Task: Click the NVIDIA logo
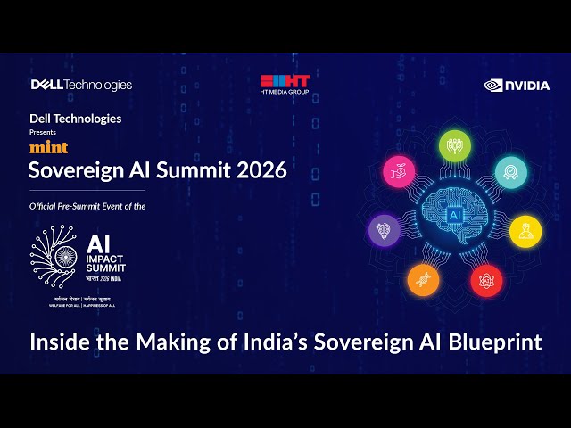click(x=517, y=86)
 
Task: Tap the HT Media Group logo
click(x=285, y=85)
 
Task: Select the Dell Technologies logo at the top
click(x=81, y=85)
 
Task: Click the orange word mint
click(x=48, y=148)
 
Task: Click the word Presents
click(x=43, y=132)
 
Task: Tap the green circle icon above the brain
click(x=455, y=145)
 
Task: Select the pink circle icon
click(x=399, y=170)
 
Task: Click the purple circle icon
click(x=385, y=230)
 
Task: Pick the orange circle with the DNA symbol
click(x=423, y=280)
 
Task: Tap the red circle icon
click(x=486, y=280)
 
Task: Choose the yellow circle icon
click(x=525, y=230)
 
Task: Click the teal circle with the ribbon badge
click(x=511, y=170)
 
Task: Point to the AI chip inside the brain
click(x=455, y=216)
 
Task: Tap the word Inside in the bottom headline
click(x=58, y=342)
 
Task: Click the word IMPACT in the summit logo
click(x=105, y=259)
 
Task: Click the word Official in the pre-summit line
click(x=45, y=206)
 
